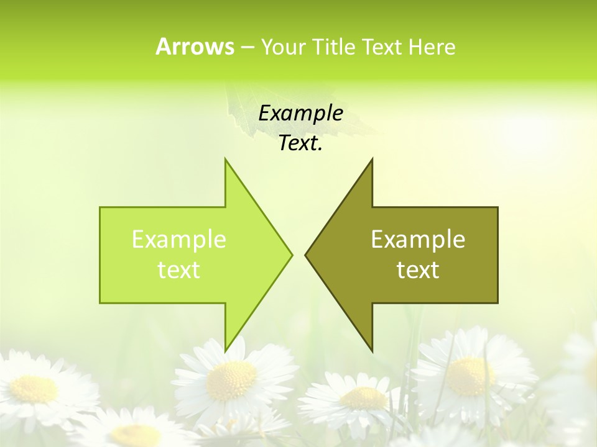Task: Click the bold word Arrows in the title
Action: pyautogui.click(x=195, y=47)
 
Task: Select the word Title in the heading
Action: pyautogui.click(x=334, y=47)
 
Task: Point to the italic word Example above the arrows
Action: pyautogui.click(x=301, y=114)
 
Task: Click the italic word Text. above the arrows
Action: pyautogui.click(x=301, y=143)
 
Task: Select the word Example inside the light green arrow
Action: pyautogui.click(x=179, y=240)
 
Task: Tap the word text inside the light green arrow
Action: pyautogui.click(x=179, y=270)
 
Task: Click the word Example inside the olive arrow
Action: pyautogui.click(x=418, y=240)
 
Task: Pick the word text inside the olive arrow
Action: pyautogui.click(x=418, y=270)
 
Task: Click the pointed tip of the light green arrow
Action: pyautogui.click(x=291, y=255)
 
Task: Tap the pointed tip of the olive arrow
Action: pyautogui.click(x=306, y=255)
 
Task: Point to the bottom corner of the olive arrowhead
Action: pyautogui.click(x=372, y=350)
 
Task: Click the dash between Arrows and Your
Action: pyautogui.click(x=247, y=47)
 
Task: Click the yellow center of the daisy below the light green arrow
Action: pyautogui.click(x=231, y=380)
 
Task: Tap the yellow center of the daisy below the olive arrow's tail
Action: pyautogui.click(x=470, y=375)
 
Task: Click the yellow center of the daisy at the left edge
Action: pyautogui.click(x=34, y=388)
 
